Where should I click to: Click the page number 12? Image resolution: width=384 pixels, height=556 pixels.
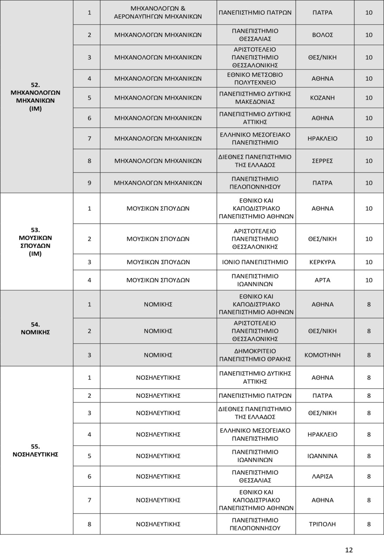click(x=349, y=550)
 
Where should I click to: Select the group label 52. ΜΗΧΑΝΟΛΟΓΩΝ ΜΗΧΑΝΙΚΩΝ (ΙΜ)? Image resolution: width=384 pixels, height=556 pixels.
click(x=35, y=96)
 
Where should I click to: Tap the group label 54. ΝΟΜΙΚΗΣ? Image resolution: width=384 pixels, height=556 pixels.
click(x=35, y=328)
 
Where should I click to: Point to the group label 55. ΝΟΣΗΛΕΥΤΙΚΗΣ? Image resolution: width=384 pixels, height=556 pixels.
click(x=35, y=450)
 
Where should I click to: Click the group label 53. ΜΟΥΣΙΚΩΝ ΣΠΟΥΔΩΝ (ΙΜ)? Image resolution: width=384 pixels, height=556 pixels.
click(x=35, y=241)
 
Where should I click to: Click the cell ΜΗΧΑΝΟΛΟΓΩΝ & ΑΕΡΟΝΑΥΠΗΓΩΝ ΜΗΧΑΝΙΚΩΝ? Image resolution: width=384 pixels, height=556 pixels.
click(x=158, y=13)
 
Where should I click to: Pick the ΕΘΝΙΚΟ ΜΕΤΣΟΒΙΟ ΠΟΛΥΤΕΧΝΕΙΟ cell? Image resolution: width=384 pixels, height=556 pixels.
click(x=255, y=79)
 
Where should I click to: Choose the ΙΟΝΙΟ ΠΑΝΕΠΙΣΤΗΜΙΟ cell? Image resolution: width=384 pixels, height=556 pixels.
click(x=255, y=262)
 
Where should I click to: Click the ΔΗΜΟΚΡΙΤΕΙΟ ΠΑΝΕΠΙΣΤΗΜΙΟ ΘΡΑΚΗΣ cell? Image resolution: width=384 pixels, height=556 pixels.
click(x=255, y=355)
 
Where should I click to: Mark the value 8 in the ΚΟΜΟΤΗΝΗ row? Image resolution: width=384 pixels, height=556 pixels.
click(x=369, y=355)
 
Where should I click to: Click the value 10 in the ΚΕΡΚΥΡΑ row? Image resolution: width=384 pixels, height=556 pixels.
click(x=369, y=262)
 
